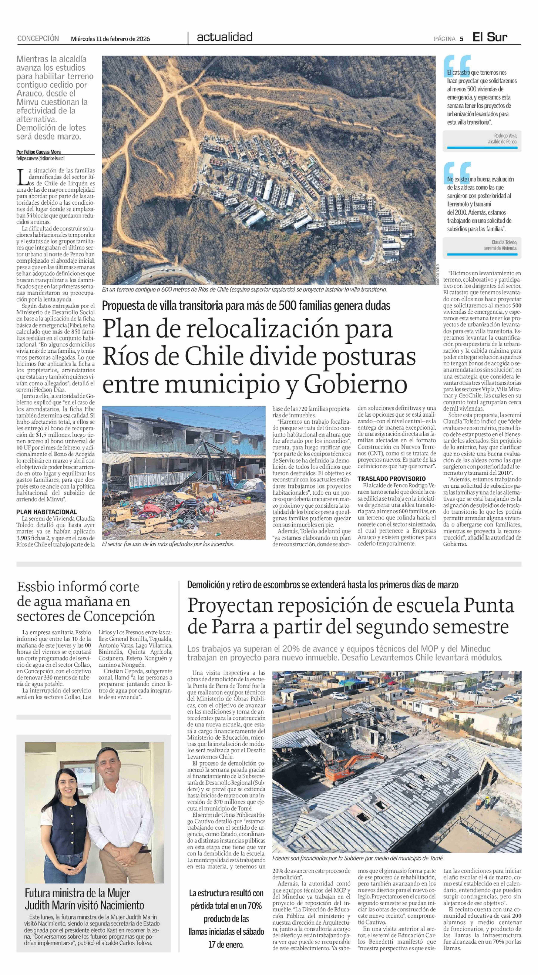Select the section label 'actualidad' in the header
[225, 37]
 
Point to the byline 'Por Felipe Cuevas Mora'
[38, 152]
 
